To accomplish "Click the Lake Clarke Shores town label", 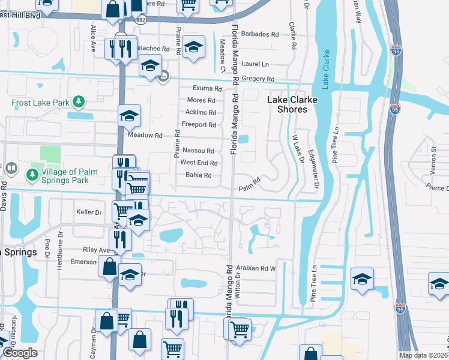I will (287, 104).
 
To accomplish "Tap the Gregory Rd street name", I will (258, 79).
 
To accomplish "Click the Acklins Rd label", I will (200, 113).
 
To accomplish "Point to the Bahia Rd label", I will (199, 175).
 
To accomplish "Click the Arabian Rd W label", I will (255, 268).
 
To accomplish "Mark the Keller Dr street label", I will (89, 212).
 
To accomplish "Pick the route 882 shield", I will (141, 20).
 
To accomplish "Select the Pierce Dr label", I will (438, 188).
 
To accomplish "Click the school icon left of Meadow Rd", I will (128, 118).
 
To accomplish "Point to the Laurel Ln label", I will (256, 64).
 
